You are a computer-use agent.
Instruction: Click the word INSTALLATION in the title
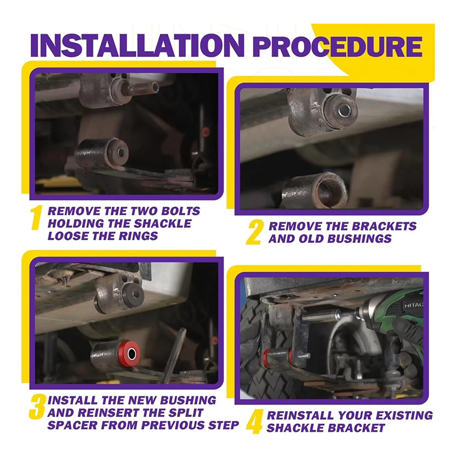137,45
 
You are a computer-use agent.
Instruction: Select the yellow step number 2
254,232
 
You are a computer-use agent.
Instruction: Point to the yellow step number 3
37,407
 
